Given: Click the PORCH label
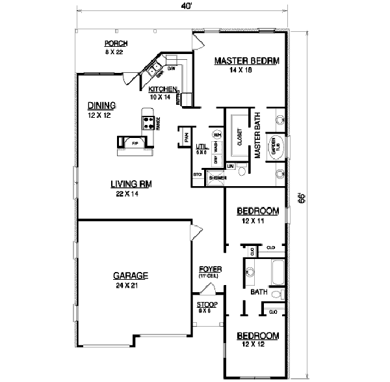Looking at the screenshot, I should click(116, 44).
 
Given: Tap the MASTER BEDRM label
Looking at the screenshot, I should click(246, 61).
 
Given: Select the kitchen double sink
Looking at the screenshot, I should click(156, 67).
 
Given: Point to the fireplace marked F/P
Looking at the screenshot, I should click(135, 143).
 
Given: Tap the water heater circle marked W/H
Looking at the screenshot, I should click(217, 135).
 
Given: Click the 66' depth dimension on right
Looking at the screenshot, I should click(300, 198).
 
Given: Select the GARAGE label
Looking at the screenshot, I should click(128, 275).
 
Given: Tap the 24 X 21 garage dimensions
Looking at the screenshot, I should click(128, 285).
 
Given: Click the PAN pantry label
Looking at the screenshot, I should click(185, 137).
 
